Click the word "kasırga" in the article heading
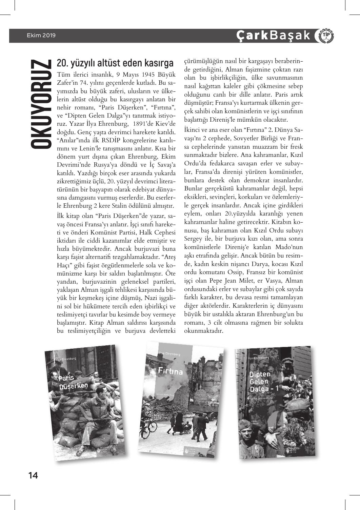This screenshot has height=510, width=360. pos(158,63)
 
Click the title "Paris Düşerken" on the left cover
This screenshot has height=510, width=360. pos(73,382)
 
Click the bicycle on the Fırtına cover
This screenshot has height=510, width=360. pos(152,426)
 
